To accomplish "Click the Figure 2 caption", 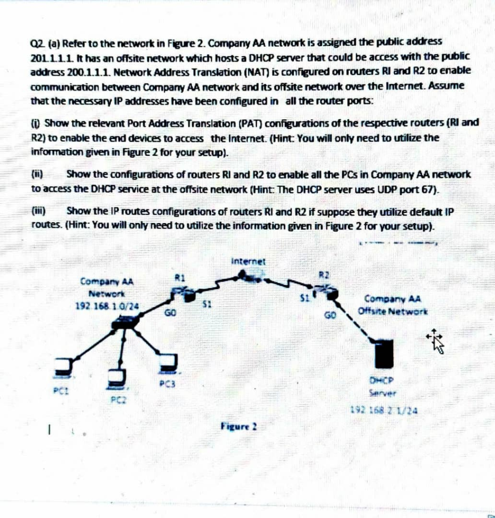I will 239,427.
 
